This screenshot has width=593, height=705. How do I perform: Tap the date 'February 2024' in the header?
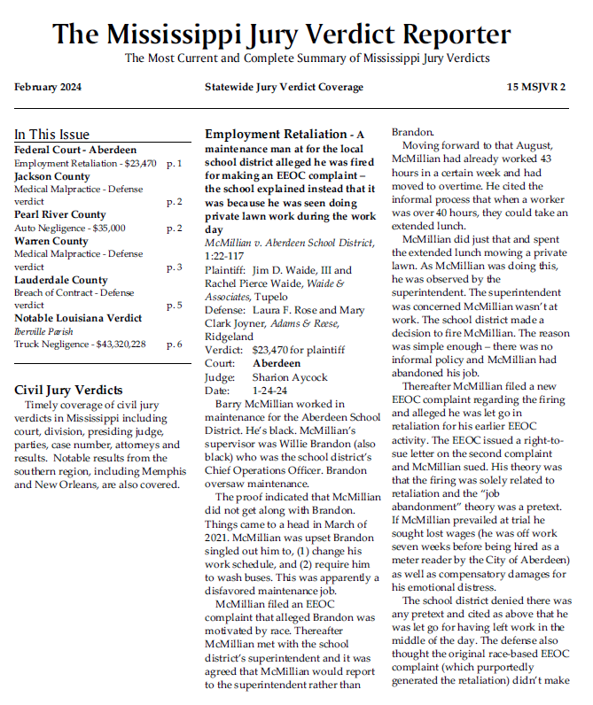coord(48,87)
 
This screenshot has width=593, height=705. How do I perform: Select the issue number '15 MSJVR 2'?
coord(536,87)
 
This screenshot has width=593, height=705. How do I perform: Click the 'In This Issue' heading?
coord(51,135)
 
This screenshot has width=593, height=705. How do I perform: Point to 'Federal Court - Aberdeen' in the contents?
coord(75,150)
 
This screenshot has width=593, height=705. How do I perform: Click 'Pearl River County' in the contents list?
coord(59,214)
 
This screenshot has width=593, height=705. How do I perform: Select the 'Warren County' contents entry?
coord(51,241)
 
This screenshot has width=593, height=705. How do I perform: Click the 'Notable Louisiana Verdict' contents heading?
coord(78,317)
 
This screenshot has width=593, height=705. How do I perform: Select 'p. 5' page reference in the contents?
coord(174,306)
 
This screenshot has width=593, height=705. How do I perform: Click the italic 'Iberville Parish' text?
coord(42,330)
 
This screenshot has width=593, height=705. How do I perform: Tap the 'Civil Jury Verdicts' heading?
coord(68,390)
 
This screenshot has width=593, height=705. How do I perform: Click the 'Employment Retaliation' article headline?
coord(276,135)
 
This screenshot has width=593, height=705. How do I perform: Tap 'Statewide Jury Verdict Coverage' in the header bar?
coord(284,87)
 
